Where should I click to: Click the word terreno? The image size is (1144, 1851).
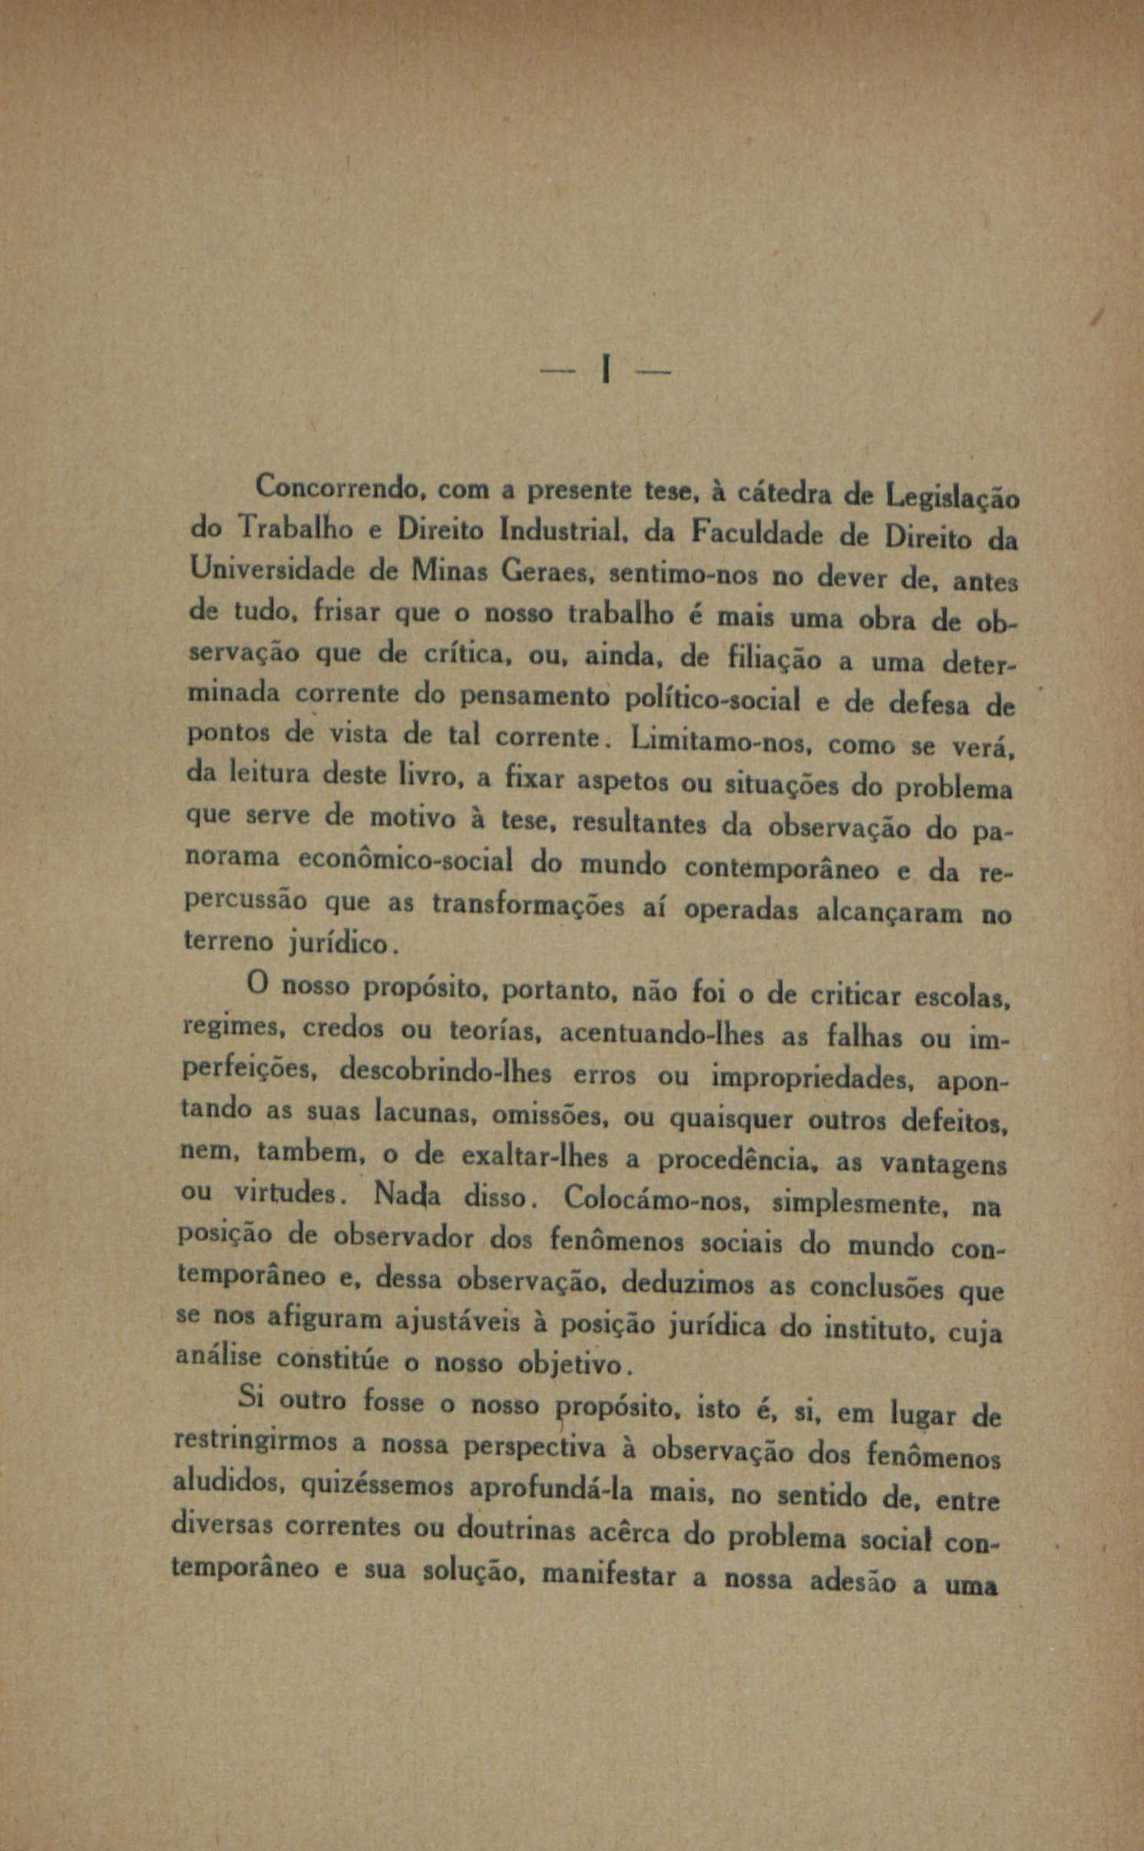tap(229, 941)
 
